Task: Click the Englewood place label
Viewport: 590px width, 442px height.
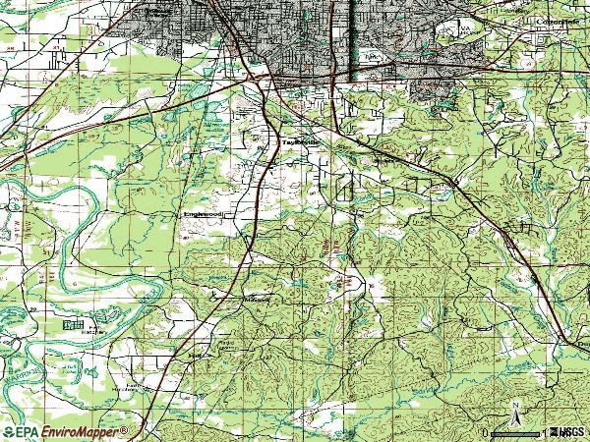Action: (x=203, y=213)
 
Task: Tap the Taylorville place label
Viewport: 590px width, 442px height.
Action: (x=302, y=141)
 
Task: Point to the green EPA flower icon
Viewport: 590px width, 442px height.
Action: (x=10, y=432)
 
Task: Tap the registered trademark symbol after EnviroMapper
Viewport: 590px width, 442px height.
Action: (x=125, y=430)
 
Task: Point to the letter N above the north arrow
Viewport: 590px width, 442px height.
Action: (x=513, y=402)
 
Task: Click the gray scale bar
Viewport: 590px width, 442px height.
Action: (x=516, y=432)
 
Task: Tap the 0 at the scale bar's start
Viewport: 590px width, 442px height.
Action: (x=486, y=432)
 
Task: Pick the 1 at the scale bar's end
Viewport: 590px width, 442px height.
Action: (x=544, y=432)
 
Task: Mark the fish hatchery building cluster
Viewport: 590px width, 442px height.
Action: (x=72, y=323)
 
